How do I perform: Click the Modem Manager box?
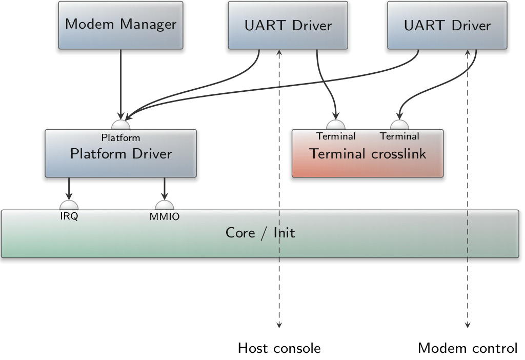pyautogui.click(x=120, y=25)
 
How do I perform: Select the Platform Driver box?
pyautogui.click(x=120, y=153)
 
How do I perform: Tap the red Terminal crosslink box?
pyautogui.click(x=368, y=153)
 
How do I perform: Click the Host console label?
pyautogui.click(x=279, y=348)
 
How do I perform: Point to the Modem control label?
pyautogui.click(x=468, y=348)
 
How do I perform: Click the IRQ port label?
pyautogui.click(x=69, y=216)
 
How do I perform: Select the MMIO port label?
pyautogui.click(x=165, y=217)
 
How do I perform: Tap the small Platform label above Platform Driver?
pyautogui.click(x=120, y=137)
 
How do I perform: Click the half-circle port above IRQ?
pyautogui.click(x=69, y=205)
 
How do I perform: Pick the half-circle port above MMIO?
pyautogui.click(x=165, y=205)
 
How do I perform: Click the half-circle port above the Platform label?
pyautogui.click(x=120, y=125)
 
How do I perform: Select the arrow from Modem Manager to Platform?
pyautogui.click(x=120, y=85)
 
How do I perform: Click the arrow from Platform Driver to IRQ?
pyautogui.click(x=69, y=189)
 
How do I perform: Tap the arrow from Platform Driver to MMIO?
pyautogui.click(x=165, y=189)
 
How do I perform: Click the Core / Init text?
pyautogui.click(x=260, y=233)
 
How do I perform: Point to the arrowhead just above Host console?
pyautogui.click(x=279, y=325)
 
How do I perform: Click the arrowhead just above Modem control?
pyautogui.click(x=468, y=325)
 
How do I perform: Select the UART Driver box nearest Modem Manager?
pyautogui.click(x=288, y=25)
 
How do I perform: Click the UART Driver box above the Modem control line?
pyautogui.click(x=447, y=25)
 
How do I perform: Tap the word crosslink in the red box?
pyautogui.click(x=398, y=154)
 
